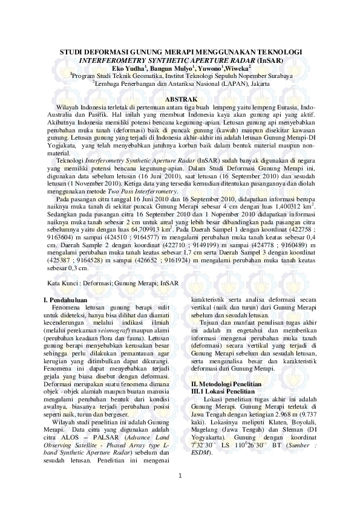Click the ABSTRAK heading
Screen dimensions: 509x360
click(x=180, y=99)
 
